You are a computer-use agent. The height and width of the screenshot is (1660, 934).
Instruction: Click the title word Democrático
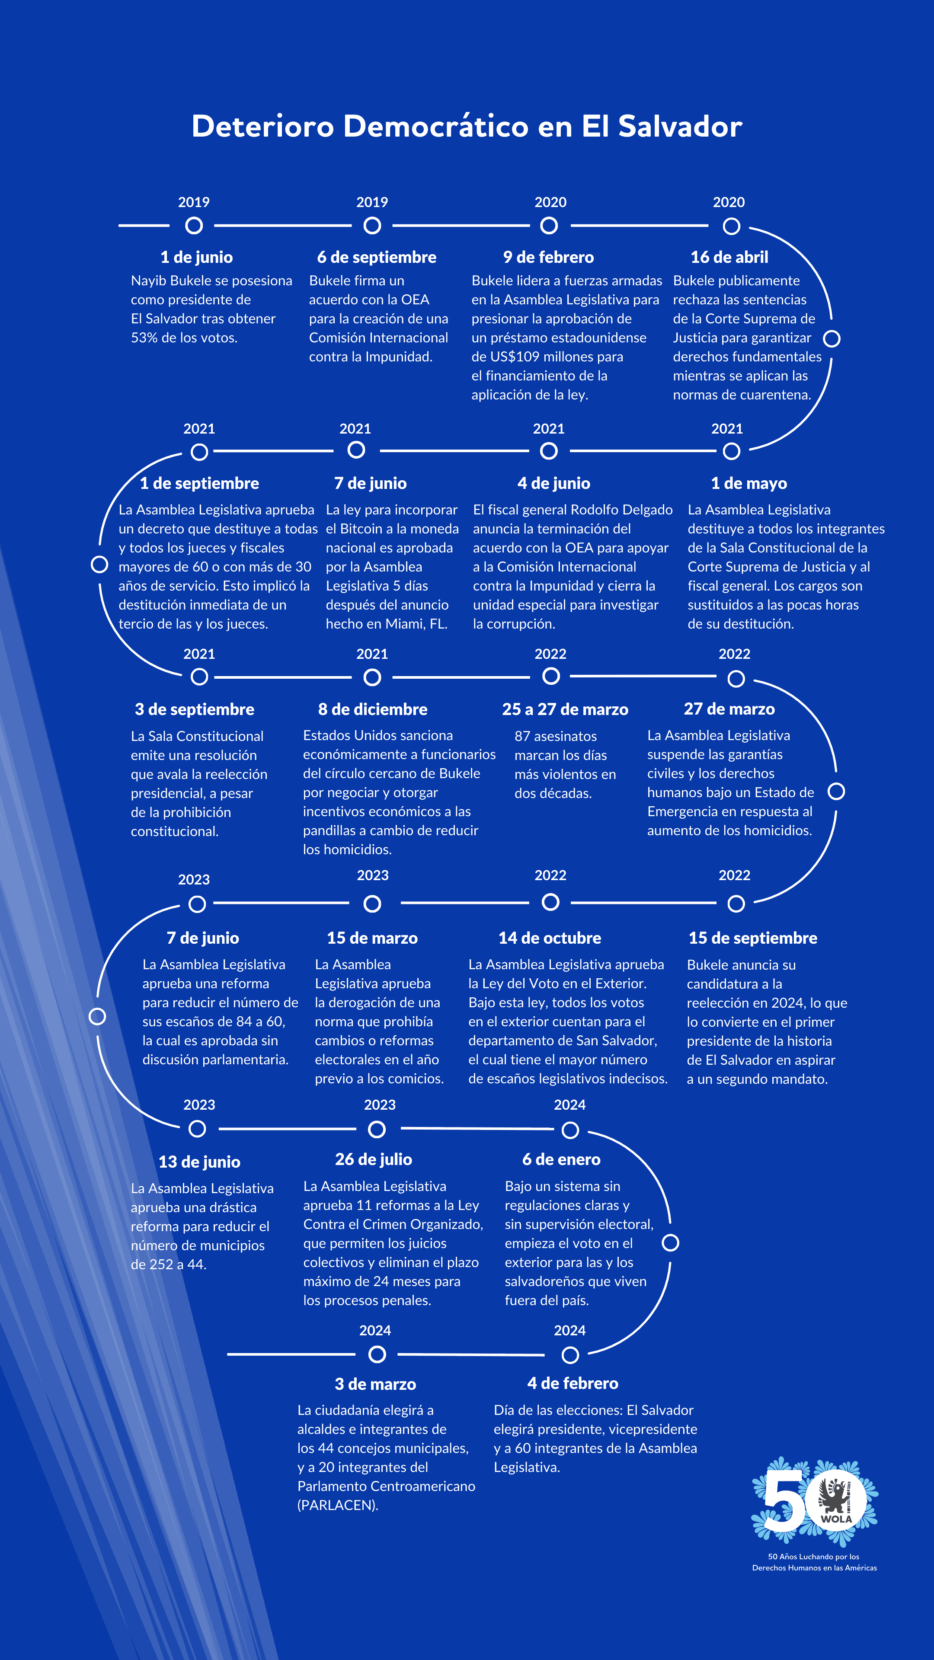click(x=436, y=126)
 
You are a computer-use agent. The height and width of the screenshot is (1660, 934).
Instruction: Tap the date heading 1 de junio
click(x=197, y=257)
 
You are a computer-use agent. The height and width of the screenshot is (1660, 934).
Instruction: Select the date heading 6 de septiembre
click(x=377, y=257)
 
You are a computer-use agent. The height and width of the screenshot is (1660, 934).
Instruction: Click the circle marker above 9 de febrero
click(x=549, y=226)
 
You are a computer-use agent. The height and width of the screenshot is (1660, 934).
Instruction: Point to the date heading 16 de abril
click(x=729, y=257)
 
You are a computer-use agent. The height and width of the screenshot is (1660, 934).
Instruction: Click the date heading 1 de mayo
click(x=748, y=483)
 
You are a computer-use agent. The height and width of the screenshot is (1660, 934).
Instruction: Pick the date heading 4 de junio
click(x=553, y=483)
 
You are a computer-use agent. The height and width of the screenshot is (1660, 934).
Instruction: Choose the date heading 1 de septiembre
click(x=199, y=483)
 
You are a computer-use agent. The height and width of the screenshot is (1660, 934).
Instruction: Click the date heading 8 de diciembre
click(x=373, y=709)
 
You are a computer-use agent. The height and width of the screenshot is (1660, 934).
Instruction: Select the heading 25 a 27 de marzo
click(x=565, y=709)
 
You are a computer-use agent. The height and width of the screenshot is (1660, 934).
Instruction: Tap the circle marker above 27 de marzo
click(x=736, y=679)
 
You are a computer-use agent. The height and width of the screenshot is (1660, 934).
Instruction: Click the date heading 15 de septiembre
click(x=753, y=938)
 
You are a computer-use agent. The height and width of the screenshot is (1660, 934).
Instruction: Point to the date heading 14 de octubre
click(x=550, y=938)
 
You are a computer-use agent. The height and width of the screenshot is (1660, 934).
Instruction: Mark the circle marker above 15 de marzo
click(x=373, y=904)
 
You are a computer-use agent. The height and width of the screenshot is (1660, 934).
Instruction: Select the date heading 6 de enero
click(x=561, y=1159)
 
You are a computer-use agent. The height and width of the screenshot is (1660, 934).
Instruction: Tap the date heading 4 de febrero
click(x=573, y=1383)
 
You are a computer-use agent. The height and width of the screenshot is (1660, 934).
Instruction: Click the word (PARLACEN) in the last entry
click(x=338, y=1505)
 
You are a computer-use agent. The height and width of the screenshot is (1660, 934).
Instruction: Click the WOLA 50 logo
click(x=815, y=1501)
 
